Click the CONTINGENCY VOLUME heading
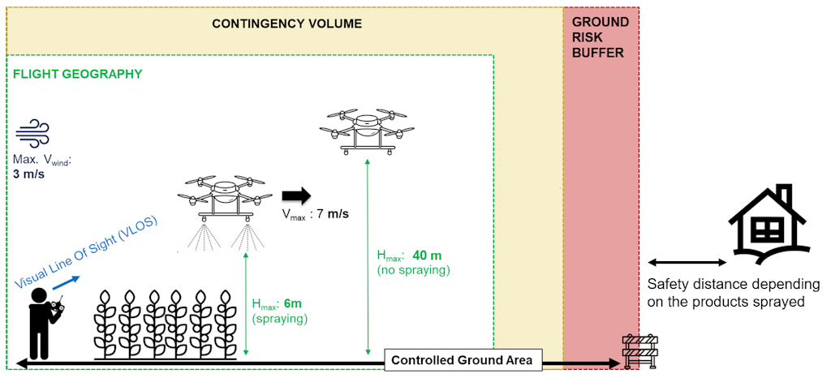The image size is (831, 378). pos(286,24)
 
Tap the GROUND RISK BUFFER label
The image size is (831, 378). pos(600,37)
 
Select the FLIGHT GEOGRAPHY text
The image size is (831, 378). pos(77,74)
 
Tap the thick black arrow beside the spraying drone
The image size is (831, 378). pos(296,195)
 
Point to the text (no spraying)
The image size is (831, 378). pos(412,268)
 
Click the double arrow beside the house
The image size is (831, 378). pos(687,262)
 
